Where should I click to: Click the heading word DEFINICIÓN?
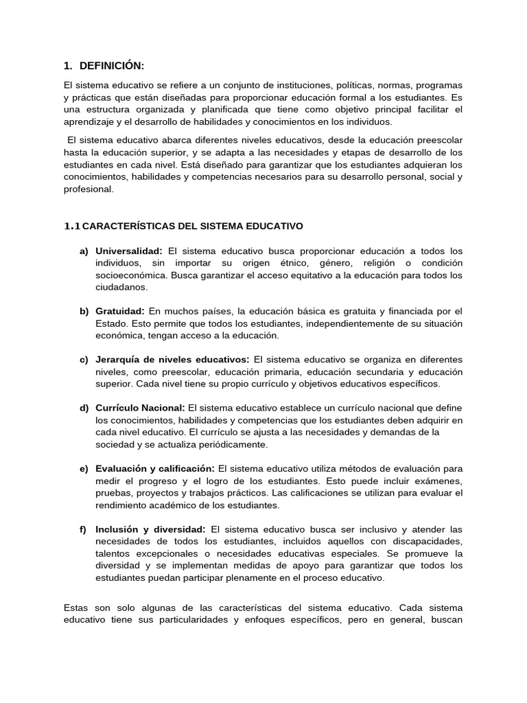112,66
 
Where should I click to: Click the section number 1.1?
72,225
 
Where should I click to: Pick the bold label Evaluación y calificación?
155,468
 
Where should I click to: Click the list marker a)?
84,251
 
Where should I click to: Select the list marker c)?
84,359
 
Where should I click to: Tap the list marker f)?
83,529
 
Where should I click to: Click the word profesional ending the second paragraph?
87,189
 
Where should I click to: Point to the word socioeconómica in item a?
130,275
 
